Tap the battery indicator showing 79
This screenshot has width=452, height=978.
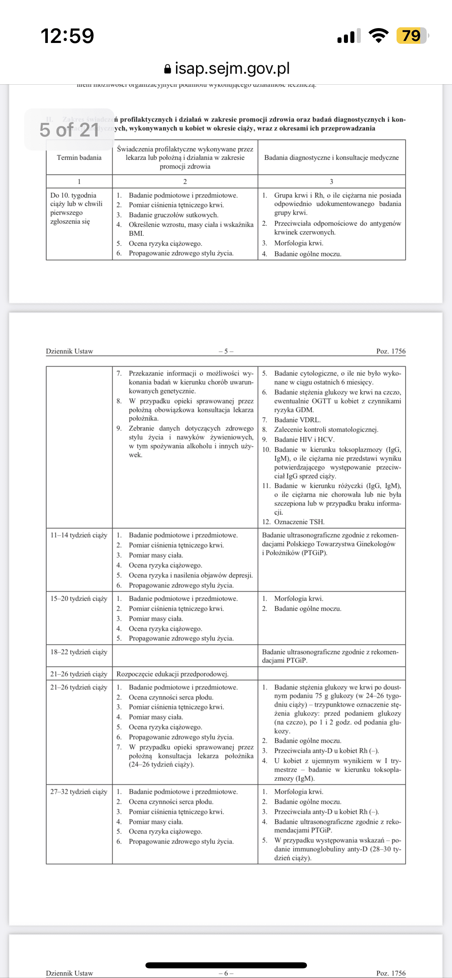[x=411, y=36]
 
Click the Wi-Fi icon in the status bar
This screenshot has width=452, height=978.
[x=378, y=36]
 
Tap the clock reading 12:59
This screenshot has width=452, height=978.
[x=67, y=36]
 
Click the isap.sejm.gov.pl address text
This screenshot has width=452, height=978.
[x=232, y=69]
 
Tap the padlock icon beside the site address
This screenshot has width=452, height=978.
[x=168, y=69]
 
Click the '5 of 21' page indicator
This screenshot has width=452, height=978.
[x=69, y=130]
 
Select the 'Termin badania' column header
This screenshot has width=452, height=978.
[x=79, y=158]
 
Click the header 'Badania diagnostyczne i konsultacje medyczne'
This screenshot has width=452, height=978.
[x=331, y=158]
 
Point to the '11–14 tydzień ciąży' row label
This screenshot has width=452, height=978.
[x=79, y=535]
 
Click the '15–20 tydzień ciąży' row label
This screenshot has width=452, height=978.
[x=79, y=599]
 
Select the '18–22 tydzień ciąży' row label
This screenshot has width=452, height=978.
[x=79, y=652]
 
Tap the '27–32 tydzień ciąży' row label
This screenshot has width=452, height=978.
[x=79, y=792]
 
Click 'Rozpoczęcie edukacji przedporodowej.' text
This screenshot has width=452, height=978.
[x=172, y=674]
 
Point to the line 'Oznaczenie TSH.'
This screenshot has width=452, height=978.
[x=299, y=522]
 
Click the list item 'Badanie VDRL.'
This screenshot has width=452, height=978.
[x=297, y=420]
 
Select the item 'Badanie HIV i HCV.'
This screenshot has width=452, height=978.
[x=304, y=440]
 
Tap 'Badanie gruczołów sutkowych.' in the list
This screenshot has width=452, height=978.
[x=174, y=215]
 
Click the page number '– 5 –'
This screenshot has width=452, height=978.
[x=226, y=351]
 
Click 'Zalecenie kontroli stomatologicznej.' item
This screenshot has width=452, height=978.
[x=326, y=430]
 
